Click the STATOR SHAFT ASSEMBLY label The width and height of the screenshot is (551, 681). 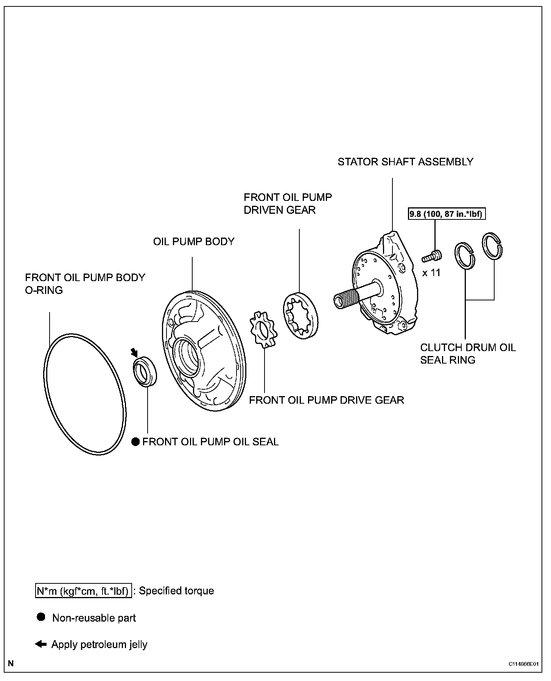tap(405, 162)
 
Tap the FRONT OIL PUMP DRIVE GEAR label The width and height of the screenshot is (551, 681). tap(326, 400)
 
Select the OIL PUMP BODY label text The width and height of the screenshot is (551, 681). tap(194, 241)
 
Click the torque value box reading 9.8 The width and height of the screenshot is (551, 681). tap(447, 214)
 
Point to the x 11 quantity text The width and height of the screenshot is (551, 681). tap(431, 272)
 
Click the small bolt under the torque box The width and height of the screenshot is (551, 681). tap(432, 256)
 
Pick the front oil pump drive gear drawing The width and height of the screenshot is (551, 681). tap(264, 328)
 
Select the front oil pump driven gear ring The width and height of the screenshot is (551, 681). tap(301, 316)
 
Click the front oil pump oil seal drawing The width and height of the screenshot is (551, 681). tap(145, 371)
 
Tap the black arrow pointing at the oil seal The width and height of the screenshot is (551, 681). tap(134, 353)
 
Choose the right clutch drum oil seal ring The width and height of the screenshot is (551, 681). tap(492, 246)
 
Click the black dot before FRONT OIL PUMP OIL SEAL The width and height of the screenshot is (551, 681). tap(135, 442)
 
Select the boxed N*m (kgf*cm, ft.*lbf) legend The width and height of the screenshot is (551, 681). tap(83, 591)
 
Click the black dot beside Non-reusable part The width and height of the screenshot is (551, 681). tap(41, 617)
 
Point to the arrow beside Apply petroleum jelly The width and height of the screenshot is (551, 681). tap(40, 644)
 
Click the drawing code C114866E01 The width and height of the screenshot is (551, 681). tap(523, 664)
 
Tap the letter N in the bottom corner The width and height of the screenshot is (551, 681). tap(11, 663)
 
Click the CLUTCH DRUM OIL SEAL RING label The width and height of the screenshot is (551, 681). tap(468, 353)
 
